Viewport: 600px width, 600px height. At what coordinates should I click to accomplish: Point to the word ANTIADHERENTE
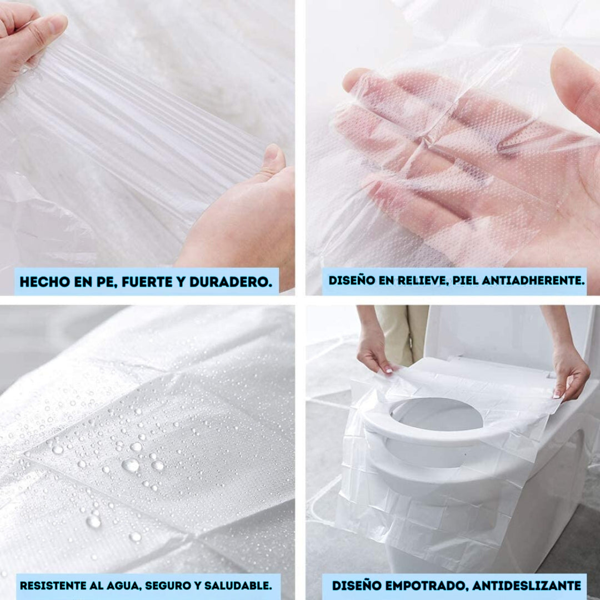pos(533,281)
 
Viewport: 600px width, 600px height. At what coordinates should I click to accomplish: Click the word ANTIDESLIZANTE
pos(527,586)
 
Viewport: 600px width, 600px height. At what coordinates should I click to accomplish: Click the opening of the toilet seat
pos(436,414)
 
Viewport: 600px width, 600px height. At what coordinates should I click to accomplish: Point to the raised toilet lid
pos(509,337)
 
